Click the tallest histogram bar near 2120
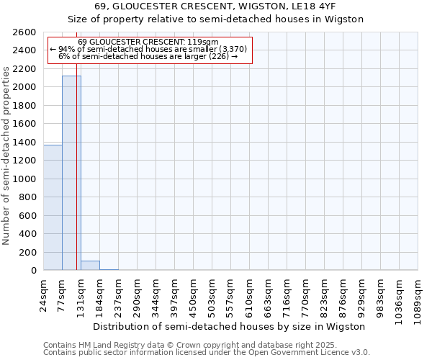point(71,173)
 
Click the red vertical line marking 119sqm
point(76,180)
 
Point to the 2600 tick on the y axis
point(25,32)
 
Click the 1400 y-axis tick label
point(25,143)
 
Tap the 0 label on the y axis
point(33,271)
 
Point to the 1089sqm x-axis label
point(418,295)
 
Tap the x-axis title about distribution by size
point(230,326)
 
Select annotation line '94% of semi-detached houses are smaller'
point(149,49)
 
